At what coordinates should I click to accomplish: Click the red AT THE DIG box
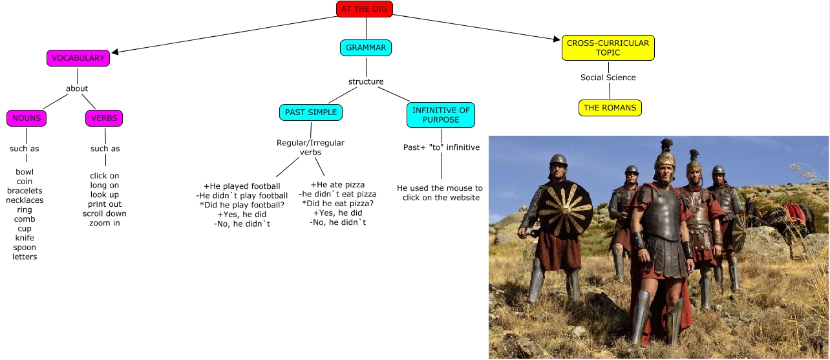click(365, 8)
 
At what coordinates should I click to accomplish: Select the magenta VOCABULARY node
click(78, 58)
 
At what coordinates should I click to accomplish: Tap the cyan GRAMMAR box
click(366, 48)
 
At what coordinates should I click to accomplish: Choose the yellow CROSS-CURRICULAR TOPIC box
click(608, 48)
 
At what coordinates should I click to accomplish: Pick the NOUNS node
click(27, 118)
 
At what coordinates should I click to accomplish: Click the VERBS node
click(104, 118)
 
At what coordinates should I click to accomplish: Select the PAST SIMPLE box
click(311, 112)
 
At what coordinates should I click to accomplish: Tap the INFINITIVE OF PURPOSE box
click(441, 115)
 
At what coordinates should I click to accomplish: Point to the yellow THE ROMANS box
click(610, 108)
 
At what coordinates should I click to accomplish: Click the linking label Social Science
click(608, 78)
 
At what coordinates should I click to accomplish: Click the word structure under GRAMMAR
click(366, 81)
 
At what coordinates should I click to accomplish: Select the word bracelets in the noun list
click(25, 191)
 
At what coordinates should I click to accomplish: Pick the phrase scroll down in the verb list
click(105, 213)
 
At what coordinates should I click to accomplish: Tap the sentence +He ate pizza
click(337, 185)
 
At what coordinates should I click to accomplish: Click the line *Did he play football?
click(242, 205)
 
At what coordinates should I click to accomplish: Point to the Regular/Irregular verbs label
click(310, 147)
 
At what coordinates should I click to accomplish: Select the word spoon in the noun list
click(25, 248)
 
